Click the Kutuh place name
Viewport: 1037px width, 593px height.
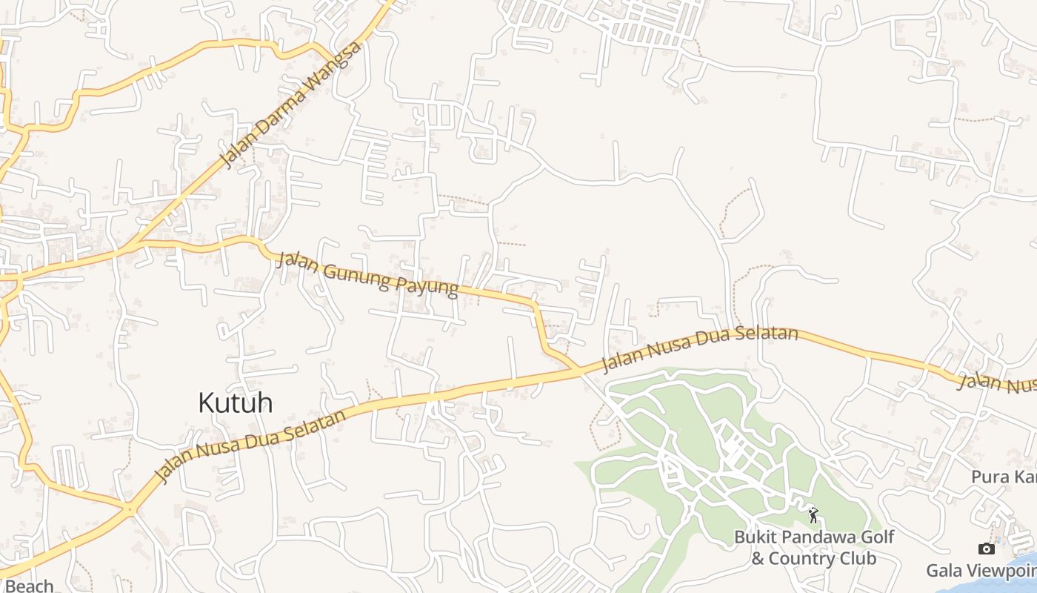tap(235, 402)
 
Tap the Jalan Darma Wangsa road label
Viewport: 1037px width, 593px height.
tap(292, 105)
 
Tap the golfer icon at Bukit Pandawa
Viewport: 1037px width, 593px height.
tap(813, 514)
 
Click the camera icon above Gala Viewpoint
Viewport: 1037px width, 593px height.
tap(986, 549)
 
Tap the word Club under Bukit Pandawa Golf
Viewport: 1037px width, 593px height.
tap(857, 558)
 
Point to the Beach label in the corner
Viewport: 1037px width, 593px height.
tap(29, 586)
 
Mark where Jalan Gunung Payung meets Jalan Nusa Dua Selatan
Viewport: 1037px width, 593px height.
tap(578, 369)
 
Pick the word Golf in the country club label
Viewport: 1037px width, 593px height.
tap(876, 537)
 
